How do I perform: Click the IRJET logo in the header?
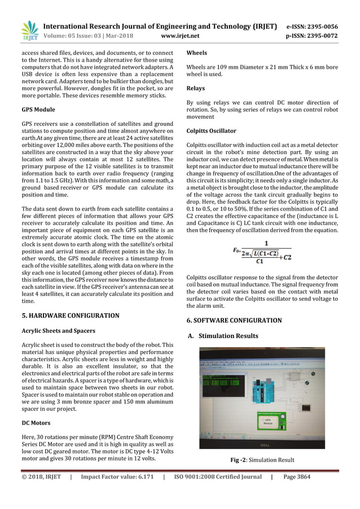pyautogui.click(x=29, y=30)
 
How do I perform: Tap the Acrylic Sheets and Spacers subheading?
pyautogui.click(x=58, y=330)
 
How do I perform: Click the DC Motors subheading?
pyautogui.click(x=36, y=423)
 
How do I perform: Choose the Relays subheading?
pyautogui.click(x=195, y=89)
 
